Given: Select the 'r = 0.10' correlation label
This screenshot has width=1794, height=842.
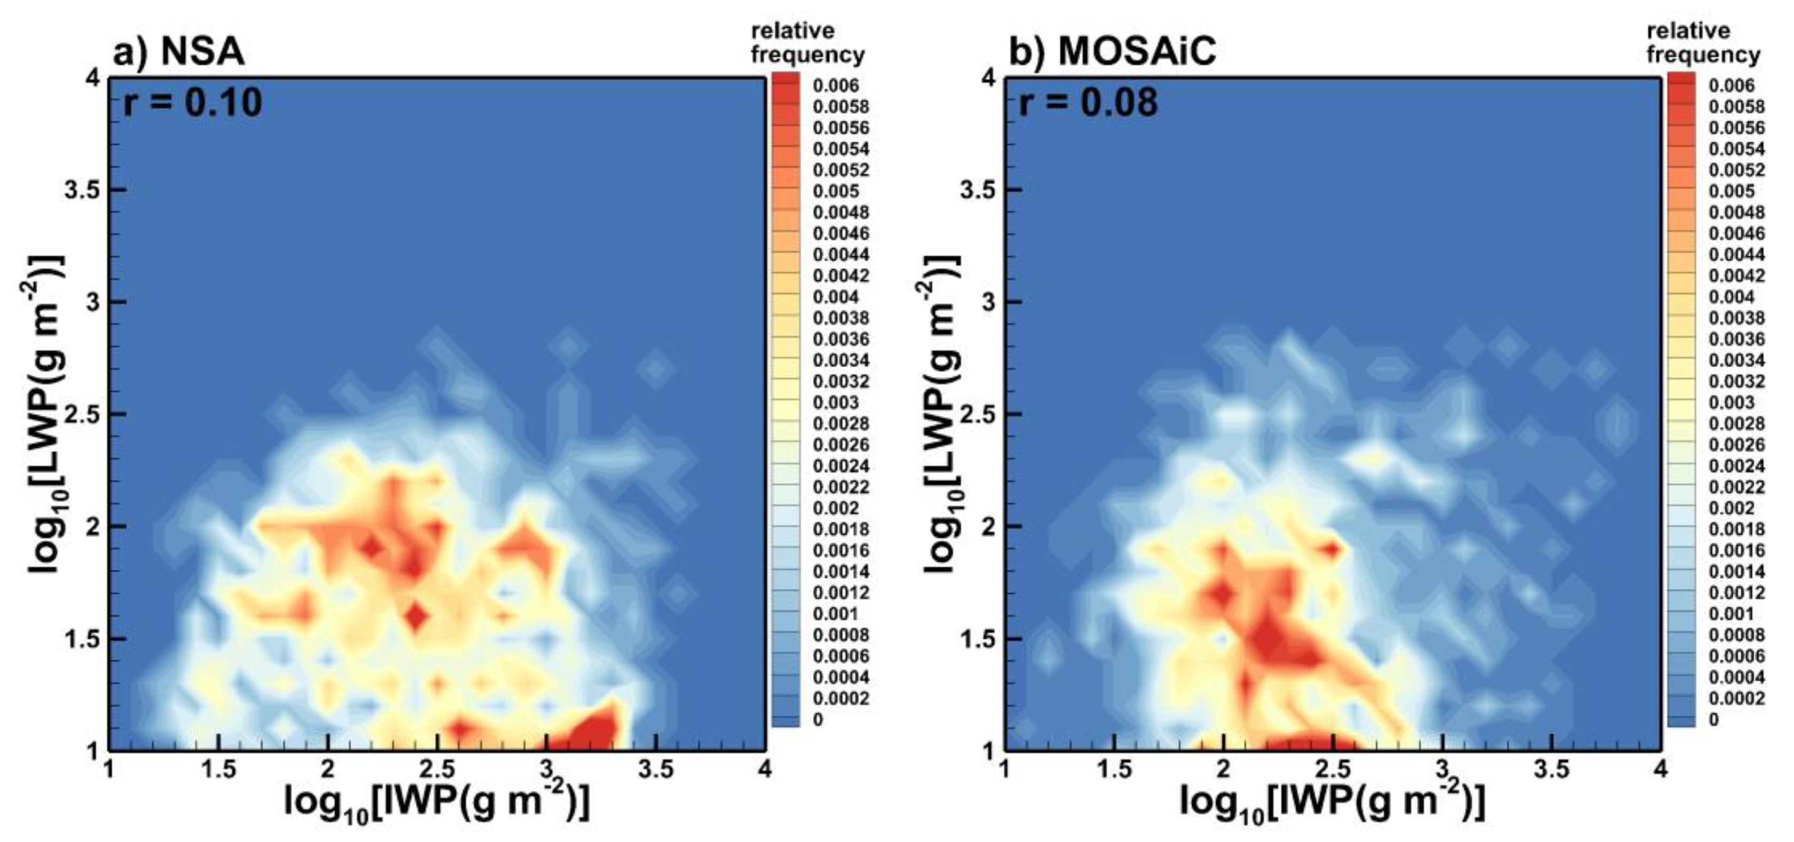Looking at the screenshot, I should click(192, 103).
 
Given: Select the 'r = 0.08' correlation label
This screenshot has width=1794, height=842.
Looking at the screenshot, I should click(1088, 103).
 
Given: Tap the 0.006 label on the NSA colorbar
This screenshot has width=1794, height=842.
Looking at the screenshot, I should click(836, 85).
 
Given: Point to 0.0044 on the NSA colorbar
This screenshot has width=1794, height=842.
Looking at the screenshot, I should click(840, 255).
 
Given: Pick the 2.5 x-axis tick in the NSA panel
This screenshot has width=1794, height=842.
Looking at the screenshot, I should click(437, 769).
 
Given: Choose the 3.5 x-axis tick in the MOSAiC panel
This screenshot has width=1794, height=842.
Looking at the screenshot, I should click(1552, 769).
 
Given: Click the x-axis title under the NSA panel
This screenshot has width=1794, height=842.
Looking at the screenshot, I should click(437, 803).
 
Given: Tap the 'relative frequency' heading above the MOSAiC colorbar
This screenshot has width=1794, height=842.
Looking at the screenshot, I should click(1702, 43).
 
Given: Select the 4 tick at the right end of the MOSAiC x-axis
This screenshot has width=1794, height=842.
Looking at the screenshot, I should click(1661, 769).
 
